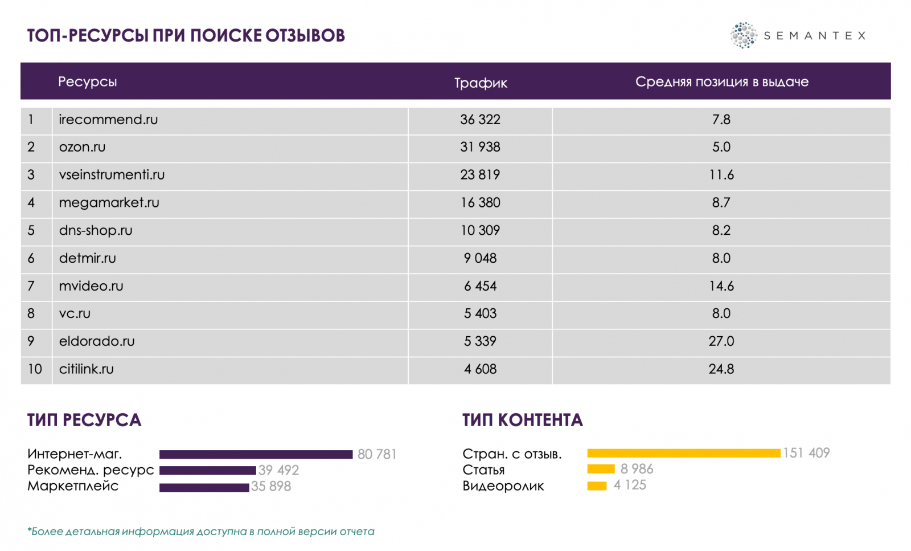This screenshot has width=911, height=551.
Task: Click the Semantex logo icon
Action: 743,35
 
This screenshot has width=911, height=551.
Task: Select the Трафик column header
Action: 481,83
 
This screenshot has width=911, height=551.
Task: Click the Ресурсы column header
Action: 88,81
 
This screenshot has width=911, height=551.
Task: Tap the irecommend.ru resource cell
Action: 108,120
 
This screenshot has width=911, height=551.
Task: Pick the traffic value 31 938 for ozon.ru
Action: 480,147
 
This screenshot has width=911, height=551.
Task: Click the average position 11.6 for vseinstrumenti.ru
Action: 721,175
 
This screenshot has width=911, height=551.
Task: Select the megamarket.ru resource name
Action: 109,203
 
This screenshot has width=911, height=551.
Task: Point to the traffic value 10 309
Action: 480,231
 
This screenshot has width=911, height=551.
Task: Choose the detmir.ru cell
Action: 88,258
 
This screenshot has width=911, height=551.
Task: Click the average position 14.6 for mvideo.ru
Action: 721,286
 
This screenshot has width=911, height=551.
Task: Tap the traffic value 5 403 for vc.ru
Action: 480,313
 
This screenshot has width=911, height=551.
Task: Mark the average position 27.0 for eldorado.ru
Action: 721,341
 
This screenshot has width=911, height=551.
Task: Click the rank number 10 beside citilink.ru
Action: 35,369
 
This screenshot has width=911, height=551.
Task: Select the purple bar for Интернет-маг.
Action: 256,454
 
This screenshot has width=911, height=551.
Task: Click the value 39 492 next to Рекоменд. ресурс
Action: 278,470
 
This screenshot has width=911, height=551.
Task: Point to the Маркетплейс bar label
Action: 73,486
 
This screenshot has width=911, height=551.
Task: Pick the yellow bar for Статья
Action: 601,469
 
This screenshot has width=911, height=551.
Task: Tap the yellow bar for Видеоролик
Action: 597,485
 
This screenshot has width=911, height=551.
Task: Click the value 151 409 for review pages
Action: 806,453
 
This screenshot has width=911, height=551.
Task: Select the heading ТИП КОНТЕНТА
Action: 522,420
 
